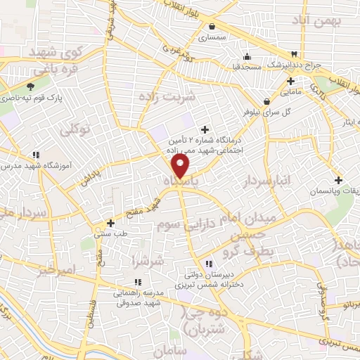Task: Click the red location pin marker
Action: coord(181,166)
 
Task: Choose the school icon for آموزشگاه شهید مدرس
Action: coord(36,155)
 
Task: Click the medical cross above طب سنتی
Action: coord(110,223)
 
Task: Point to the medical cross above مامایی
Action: coord(290,80)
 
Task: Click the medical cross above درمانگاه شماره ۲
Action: coord(205,129)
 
